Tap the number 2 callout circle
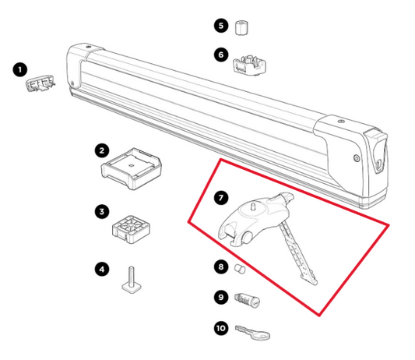tap(102, 149)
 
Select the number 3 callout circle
tap(102, 211)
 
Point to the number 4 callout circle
tap(102, 270)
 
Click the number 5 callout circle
tap(221, 26)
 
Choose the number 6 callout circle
tap(221, 55)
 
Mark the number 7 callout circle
tap(220, 199)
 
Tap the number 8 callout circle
tap(220, 267)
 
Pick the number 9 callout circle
tap(220, 296)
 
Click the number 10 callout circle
tap(220, 327)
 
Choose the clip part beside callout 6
tap(252, 62)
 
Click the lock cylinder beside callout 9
tap(248, 299)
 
